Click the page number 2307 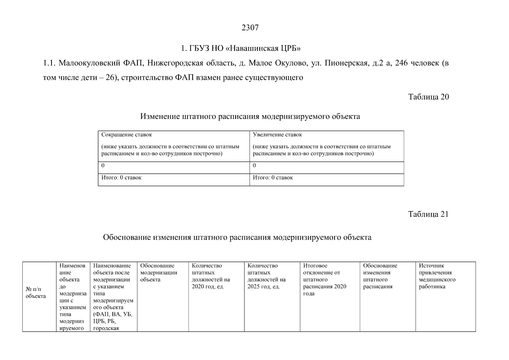pyautogui.click(x=250, y=28)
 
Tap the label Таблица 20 pyautogui.click(x=428, y=97)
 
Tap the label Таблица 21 pyautogui.click(x=428, y=214)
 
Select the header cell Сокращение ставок pyautogui.click(x=127, y=135)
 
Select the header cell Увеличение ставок pyautogui.click(x=277, y=135)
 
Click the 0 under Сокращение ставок pyautogui.click(x=103, y=166)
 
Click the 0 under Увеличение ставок pyautogui.click(x=254, y=166)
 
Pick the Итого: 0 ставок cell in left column pyautogui.click(x=121, y=178)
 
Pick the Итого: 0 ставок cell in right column pyautogui.click(x=273, y=178)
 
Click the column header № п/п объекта pyautogui.click(x=36, y=293)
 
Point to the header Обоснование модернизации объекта pyautogui.click(x=159, y=273)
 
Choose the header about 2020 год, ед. pyautogui.click(x=211, y=276)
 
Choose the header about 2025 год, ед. pyautogui.click(x=266, y=276)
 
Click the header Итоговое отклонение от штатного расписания pyautogui.click(x=325, y=280)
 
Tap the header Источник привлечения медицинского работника pyautogui.click(x=437, y=276)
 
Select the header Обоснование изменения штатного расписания pyautogui.click(x=380, y=276)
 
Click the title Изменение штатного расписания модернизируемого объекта pyautogui.click(x=250, y=116)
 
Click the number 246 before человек pyautogui.click(x=401, y=63)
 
